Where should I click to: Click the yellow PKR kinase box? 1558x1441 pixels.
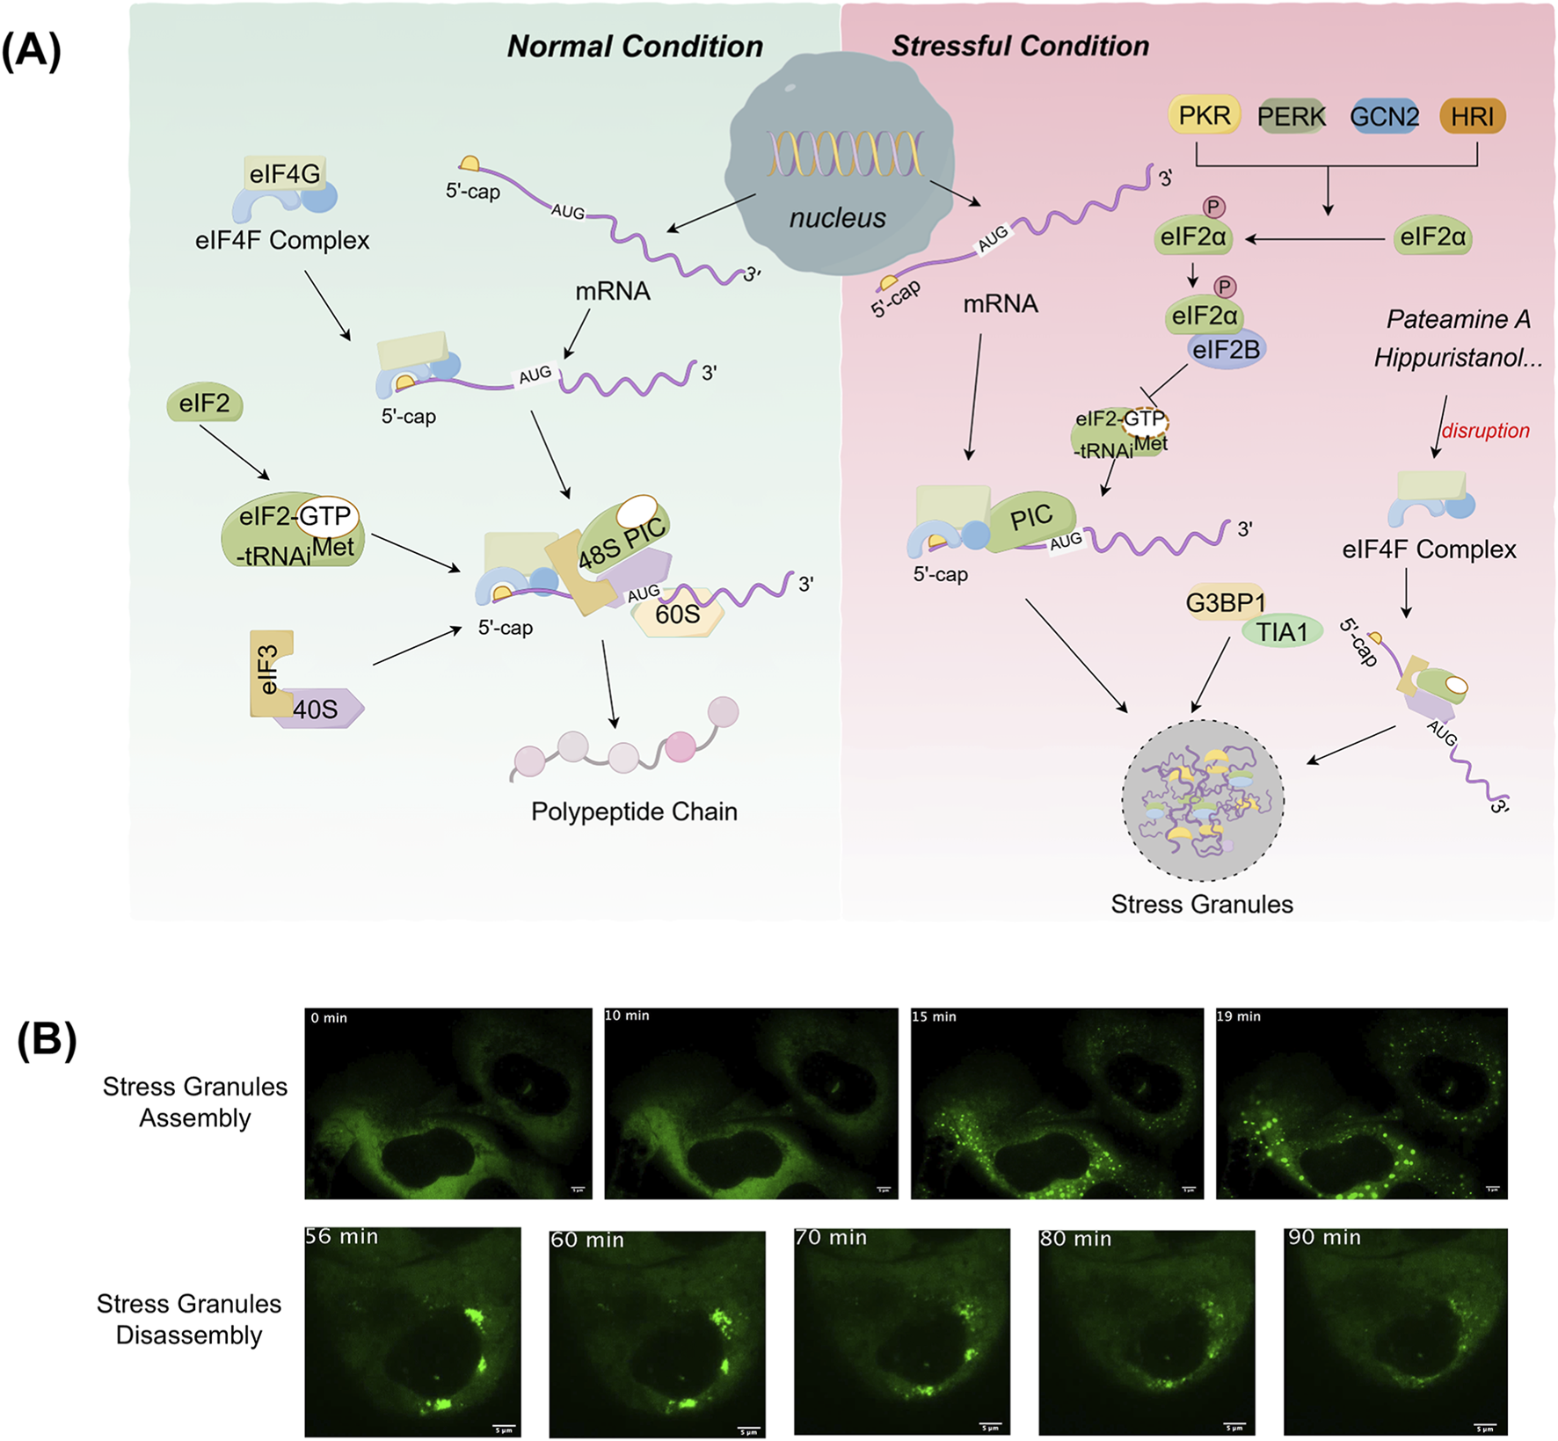[1204, 115]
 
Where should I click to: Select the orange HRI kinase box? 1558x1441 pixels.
[1472, 116]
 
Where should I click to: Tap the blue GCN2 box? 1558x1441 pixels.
[1384, 116]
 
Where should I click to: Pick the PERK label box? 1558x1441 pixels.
[1291, 116]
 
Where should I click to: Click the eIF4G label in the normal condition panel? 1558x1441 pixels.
[284, 174]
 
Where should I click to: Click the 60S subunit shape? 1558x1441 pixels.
[678, 614]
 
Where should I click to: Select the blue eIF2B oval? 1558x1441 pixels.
[1226, 350]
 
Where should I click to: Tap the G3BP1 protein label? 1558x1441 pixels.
[1226, 603]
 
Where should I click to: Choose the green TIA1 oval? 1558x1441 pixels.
[1282, 632]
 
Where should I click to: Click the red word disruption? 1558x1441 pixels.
[1485, 431]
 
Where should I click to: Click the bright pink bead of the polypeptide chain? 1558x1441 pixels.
[680, 746]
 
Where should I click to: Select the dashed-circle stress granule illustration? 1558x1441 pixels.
[1203, 801]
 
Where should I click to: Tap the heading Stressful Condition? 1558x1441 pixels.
[1020, 46]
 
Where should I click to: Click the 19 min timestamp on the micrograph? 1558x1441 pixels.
[1239, 1016]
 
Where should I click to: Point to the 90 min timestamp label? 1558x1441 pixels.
[1324, 1237]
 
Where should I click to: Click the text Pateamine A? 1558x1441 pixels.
[1458, 319]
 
